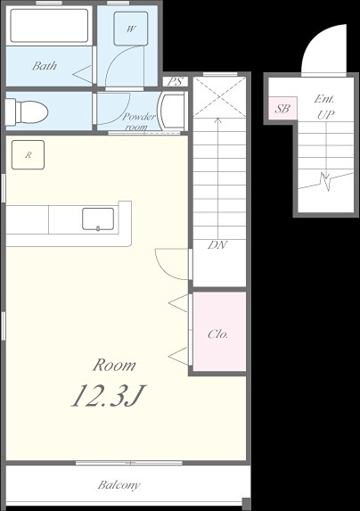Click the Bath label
pyautogui.click(x=45, y=66)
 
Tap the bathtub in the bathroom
pyautogui.click(x=49, y=26)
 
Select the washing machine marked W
pyautogui.click(x=130, y=29)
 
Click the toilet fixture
pyautogui.click(x=27, y=111)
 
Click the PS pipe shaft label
pyautogui.click(x=176, y=81)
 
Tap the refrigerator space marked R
pyautogui.click(x=28, y=155)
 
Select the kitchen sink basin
pyautogui.click(x=98, y=219)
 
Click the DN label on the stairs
pyautogui.click(x=217, y=244)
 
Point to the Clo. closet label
pyautogui.click(x=218, y=334)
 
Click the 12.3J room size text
pyautogui.click(x=109, y=396)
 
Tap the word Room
pyautogui.click(x=114, y=365)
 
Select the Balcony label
pyautogui.click(x=119, y=485)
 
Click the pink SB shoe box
pyautogui.click(x=282, y=108)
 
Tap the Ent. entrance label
pyautogui.click(x=324, y=99)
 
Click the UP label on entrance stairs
pyautogui.click(x=326, y=115)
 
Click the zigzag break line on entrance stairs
pyautogui.click(x=326, y=181)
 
